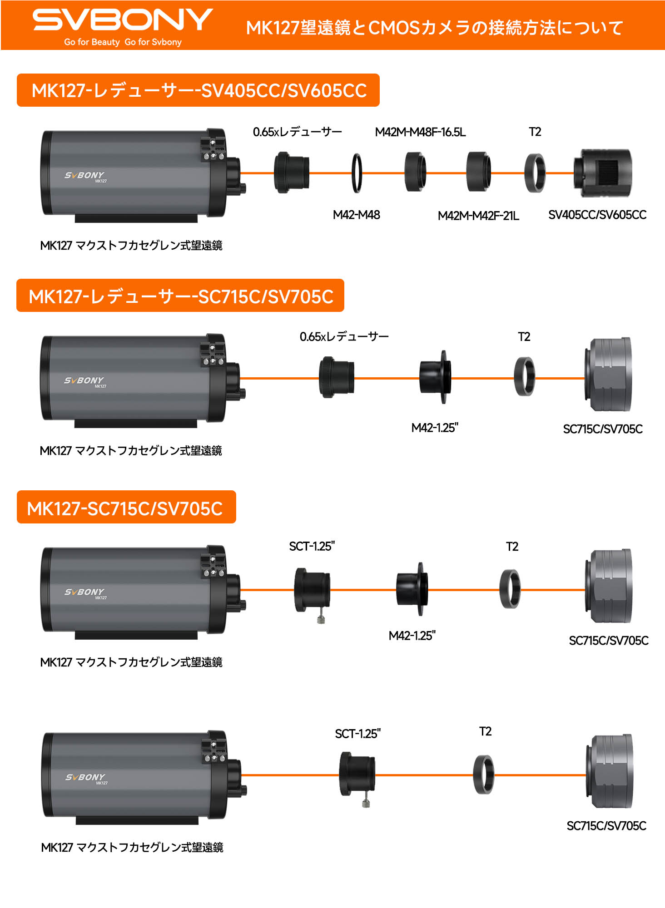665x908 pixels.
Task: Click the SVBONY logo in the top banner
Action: pos(122,20)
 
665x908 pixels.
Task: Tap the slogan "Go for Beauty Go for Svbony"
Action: pos(123,42)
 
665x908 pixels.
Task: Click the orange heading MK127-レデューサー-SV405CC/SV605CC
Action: pos(198,90)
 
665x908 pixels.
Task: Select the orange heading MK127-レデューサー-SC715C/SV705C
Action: pos(180,296)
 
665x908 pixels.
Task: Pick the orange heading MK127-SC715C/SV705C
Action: pos(126,508)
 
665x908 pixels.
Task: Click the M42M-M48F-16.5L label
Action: pos(420,132)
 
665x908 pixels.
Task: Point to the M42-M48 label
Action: pos(356,215)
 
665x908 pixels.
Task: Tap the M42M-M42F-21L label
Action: pos(478,216)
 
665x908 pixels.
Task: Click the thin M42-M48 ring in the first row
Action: pos(357,173)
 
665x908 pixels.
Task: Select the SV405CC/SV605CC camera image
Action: pos(603,173)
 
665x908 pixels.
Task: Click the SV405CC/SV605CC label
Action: pos(597,215)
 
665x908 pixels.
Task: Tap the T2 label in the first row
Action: pos(535,132)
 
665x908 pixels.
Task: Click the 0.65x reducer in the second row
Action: pos(336,377)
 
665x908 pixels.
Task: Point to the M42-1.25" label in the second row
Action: pos(435,428)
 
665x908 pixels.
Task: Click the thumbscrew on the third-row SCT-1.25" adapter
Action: pos(321,619)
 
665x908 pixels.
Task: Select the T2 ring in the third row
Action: pos(510,589)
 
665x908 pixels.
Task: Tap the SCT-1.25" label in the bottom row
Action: pos(357,734)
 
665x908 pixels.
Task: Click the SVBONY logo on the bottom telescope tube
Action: pos(85,777)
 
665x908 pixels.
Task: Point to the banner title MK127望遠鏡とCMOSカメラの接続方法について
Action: pos(434,28)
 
